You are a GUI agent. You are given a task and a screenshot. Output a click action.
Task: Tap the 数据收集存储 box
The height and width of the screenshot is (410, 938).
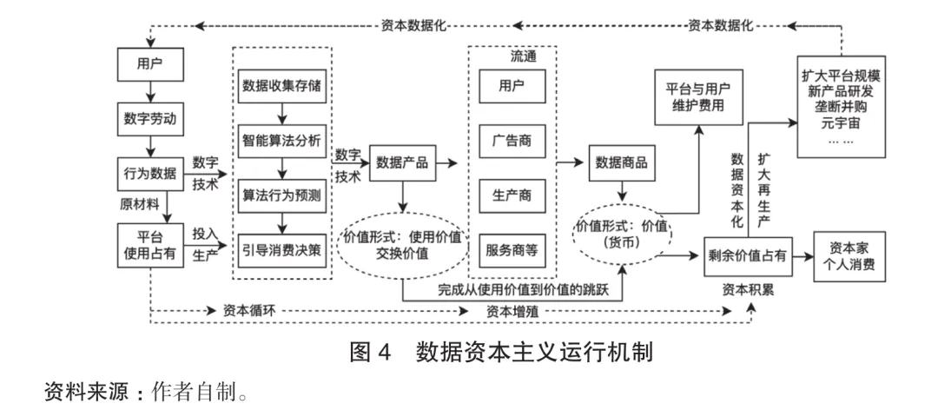pyautogui.click(x=282, y=87)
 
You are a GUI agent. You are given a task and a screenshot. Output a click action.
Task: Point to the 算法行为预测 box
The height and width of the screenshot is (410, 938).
pyautogui.click(x=282, y=195)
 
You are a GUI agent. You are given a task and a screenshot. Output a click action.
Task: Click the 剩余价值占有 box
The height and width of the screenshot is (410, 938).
pyautogui.click(x=749, y=255)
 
